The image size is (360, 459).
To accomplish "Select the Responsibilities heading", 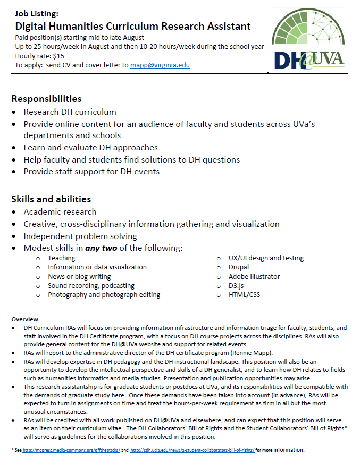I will (x=47, y=99).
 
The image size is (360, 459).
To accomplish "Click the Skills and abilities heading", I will (x=51, y=199).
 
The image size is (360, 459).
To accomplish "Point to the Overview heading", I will (x=24, y=319).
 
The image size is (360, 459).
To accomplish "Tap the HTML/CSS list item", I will (x=245, y=294).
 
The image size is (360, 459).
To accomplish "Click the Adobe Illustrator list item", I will (x=254, y=276).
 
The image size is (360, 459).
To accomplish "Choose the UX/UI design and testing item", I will (x=266, y=258).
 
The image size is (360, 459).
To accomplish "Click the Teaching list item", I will (x=62, y=258).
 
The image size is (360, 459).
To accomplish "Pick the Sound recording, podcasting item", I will (x=91, y=285).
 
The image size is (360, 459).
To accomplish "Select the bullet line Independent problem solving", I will (x=80, y=236).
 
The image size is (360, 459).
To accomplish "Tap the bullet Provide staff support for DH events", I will (x=91, y=172).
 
